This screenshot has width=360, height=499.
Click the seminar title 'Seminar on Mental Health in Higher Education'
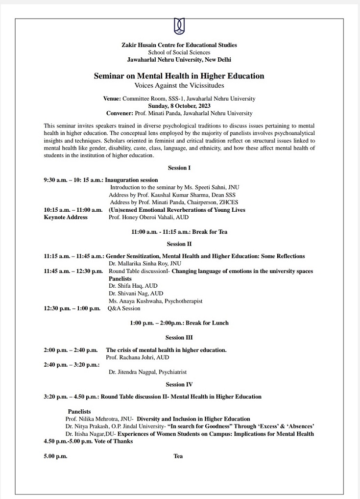[179, 76]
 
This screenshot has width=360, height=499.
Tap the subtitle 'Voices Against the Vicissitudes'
[179, 85]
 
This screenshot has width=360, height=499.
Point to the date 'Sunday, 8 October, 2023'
[179, 105]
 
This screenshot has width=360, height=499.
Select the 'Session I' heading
[179, 168]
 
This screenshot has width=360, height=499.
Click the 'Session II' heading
[179, 244]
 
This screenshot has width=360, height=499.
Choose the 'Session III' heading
[179, 338]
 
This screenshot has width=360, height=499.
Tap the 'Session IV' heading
[179, 384]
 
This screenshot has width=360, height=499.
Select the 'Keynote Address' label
[66, 217]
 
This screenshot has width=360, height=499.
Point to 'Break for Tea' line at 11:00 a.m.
[179, 232]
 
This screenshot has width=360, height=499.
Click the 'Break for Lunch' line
[179, 323]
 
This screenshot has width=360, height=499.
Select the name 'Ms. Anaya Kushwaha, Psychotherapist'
[155, 301]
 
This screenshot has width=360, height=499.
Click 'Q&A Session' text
[124, 308]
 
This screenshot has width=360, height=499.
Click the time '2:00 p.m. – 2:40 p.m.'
[71, 350]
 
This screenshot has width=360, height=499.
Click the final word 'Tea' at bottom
[178, 456]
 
